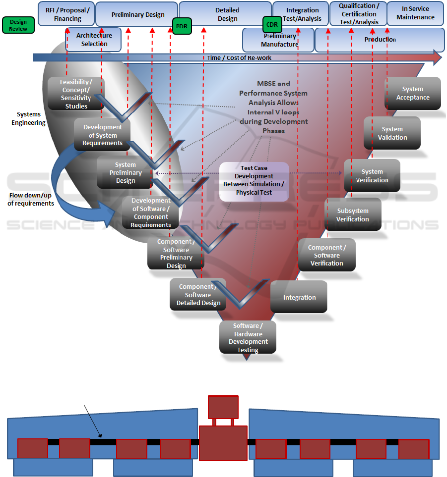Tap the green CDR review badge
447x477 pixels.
(272, 24)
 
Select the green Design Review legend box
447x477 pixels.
(18, 25)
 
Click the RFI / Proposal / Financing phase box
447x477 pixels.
(67, 14)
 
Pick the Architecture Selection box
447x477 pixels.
(94, 40)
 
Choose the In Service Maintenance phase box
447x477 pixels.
(415, 13)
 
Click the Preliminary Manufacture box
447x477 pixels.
(279, 40)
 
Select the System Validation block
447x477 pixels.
(392, 133)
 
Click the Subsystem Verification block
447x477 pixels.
(353, 214)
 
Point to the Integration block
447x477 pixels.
(299, 297)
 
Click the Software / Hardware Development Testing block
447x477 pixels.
(248, 338)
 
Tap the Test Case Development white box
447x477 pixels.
(254, 181)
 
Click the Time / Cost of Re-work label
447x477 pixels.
(239, 58)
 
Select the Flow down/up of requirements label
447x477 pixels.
(31, 199)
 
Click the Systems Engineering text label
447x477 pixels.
(28, 118)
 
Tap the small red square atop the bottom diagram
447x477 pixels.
(223, 407)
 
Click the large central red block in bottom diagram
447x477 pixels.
(223, 443)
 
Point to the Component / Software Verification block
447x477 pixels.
(327, 255)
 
